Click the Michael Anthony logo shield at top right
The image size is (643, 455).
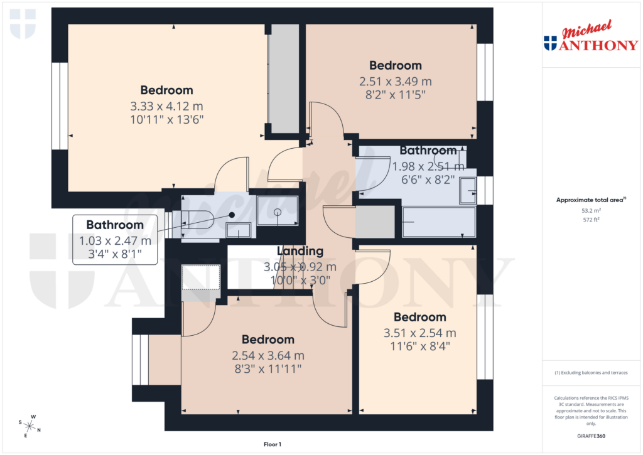550,43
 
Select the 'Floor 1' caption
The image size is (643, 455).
272,444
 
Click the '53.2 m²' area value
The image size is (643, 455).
591,211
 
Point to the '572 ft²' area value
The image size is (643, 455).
591,220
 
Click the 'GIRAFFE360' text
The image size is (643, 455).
591,436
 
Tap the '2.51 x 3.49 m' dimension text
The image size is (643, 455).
395,82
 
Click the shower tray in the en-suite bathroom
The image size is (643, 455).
277,210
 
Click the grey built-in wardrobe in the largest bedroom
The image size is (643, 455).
284,78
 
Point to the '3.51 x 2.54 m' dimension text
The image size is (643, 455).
419,333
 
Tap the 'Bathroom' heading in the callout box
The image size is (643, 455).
115,225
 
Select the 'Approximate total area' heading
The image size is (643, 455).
590,200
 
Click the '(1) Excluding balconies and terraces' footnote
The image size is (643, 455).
591,373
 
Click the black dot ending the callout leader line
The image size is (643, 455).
232,215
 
